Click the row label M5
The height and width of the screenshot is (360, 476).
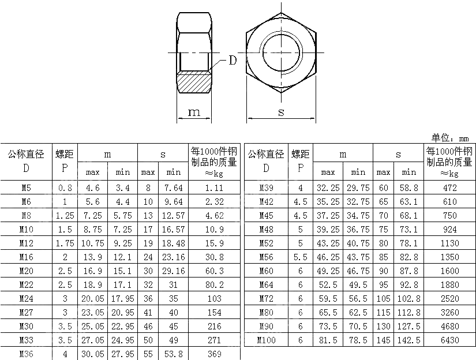coord(26,188)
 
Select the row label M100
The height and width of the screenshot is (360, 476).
coord(266,340)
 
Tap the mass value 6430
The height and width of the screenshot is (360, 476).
coord(449,340)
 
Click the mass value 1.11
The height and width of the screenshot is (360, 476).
coord(214,188)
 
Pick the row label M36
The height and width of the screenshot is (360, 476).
coord(26,354)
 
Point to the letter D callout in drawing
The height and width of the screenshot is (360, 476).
coord(233,61)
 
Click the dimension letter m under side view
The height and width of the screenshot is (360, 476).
coord(194,112)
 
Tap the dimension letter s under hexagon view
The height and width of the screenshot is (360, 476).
coord(281,112)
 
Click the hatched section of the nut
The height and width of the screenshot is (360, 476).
coord(194,82)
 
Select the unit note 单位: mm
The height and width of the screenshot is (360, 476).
coord(450,138)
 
